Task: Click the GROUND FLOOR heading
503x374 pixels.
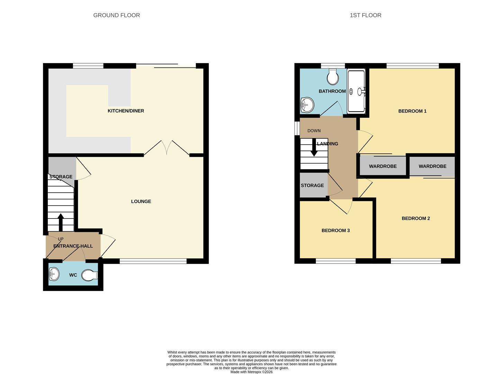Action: [x=116, y=15]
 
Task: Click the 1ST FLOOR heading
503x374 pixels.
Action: [x=365, y=15]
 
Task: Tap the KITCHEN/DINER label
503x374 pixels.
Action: [x=126, y=111]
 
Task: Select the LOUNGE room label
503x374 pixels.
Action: [x=141, y=202]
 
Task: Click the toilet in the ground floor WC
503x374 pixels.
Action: [x=90, y=276]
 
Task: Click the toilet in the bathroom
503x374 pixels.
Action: [x=333, y=77]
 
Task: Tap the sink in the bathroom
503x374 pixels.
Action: [x=307, y=104]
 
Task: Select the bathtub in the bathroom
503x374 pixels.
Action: [x=356, y=91]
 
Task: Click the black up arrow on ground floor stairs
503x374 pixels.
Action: [x=61, y=222]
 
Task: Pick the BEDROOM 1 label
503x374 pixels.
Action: [x=412, y=111]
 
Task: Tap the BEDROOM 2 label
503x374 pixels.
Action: [x=415, y=219]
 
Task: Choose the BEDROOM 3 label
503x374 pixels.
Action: [x=335, y=231]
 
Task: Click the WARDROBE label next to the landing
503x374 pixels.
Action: [x=383, y=166]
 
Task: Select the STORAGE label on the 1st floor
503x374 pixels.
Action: [x=312, y=186]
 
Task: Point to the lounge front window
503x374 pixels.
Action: [x=153, y=261]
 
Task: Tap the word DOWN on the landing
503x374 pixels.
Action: [x=314, y=131]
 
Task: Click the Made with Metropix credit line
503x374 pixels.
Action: [x=251, y=372]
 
